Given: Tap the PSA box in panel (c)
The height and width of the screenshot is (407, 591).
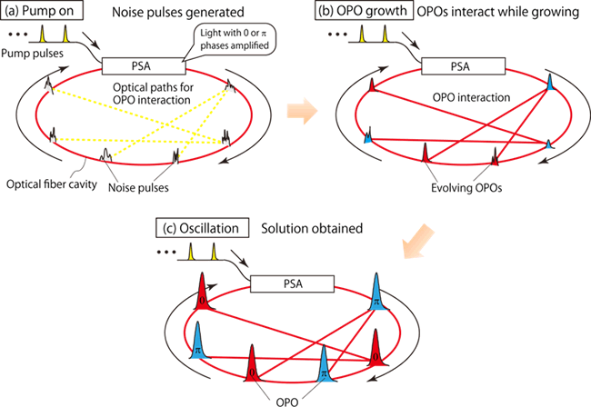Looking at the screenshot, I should pos(306,283).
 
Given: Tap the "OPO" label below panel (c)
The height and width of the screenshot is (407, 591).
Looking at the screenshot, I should pos(289,397).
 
